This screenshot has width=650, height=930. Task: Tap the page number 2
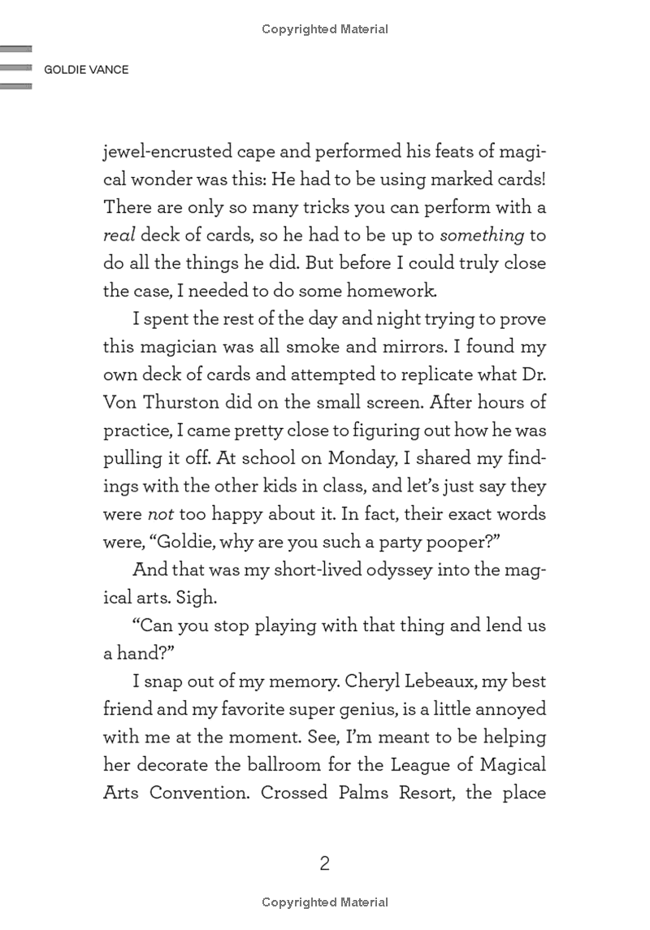(x=324, y=863)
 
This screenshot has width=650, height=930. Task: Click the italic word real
(x=118, y=236)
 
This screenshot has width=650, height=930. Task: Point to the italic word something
(x=482, y=236)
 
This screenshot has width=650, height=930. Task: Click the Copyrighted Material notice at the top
(x=325, y=29)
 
